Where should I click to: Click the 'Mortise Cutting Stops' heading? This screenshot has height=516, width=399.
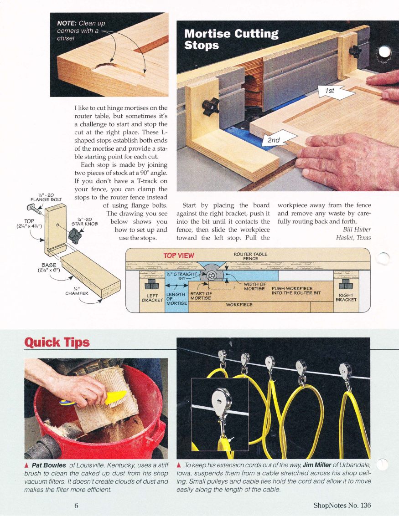(231, 39)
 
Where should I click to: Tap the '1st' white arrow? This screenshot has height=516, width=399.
(336, 92)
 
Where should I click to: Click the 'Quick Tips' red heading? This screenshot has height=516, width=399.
(57, 342)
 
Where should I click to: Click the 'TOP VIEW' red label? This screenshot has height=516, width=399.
(179, 255)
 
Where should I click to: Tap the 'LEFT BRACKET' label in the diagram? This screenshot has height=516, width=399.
(152, 298)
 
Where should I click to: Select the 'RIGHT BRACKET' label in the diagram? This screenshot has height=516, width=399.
(346, 297)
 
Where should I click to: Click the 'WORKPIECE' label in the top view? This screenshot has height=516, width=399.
(239, 305)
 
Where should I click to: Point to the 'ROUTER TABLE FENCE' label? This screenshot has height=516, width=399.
(250, 256)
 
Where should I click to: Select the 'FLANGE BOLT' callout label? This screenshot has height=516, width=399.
(46, 198)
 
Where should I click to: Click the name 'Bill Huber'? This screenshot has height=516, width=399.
(357, 230)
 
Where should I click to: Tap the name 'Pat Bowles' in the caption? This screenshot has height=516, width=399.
(49, 465)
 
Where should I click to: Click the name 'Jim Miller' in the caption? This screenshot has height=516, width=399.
(317, 465)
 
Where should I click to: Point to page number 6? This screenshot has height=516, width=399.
(76, 506)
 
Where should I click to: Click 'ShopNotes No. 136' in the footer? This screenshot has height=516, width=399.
(342, 505)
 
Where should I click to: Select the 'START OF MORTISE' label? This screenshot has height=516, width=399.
(201, 296)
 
